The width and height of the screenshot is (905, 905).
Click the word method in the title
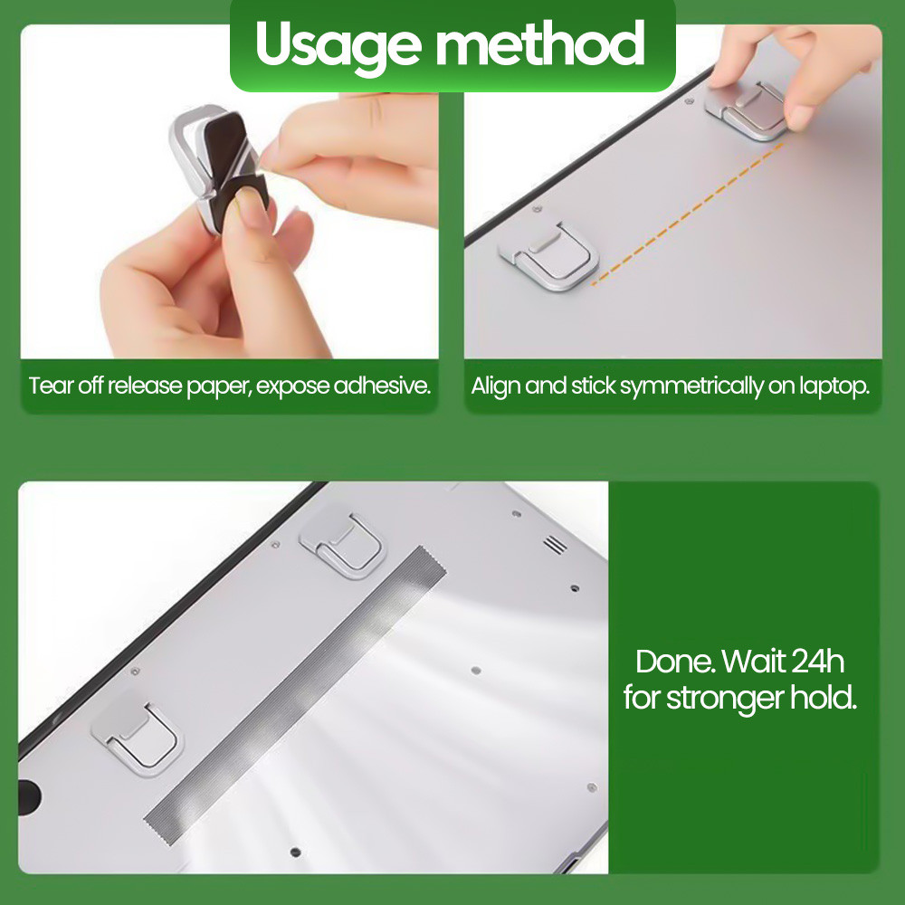pos(539,43)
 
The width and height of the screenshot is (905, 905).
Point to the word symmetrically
pos(691,386)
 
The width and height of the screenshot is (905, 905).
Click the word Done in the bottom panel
pos(675,662)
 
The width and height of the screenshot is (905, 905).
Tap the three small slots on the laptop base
pos(555,544)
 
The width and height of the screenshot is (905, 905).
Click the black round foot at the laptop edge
pos(29,796)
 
